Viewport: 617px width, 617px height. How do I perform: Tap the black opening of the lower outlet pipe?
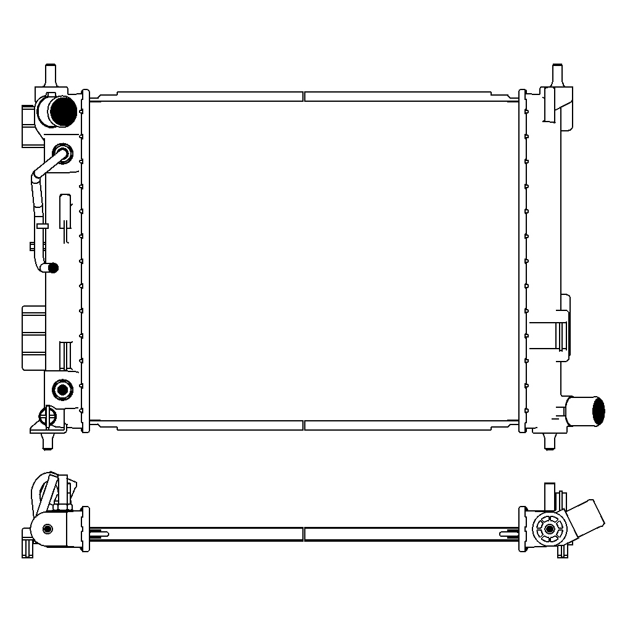(x=597, y=412)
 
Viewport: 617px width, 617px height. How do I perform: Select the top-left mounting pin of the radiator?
(x=51, y=73)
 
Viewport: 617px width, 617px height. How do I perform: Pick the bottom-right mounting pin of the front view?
(x=549, y=440)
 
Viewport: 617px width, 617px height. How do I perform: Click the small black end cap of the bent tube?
(x=54, y=267)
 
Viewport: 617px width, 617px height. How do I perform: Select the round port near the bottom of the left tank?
(x=63, y=389)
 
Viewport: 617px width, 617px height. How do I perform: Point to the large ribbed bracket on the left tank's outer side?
(x=33, y=337)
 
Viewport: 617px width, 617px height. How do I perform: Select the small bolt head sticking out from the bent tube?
(x=31, y=247)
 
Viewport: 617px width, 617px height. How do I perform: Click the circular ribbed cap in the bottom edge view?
(x=546, y=529)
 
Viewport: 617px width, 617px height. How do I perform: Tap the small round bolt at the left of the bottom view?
(x=48, y=529)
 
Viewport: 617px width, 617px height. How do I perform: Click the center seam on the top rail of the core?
(x=305, y=96)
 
